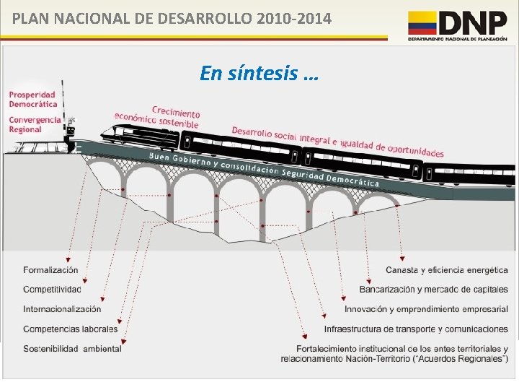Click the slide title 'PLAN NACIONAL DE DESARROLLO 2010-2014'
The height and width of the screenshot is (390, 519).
[172, 18]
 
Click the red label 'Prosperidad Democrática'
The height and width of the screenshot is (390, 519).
[33, 100]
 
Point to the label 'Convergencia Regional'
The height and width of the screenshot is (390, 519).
[35, 124]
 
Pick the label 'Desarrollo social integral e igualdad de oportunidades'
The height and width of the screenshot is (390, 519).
[337, 142]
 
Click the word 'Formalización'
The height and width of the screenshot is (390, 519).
[50, 270]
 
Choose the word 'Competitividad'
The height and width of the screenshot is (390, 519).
[52, 290]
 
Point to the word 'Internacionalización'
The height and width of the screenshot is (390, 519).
[62, 309]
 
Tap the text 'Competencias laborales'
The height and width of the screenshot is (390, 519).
[70, 329]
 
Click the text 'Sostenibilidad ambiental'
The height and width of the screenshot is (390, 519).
[72, 348]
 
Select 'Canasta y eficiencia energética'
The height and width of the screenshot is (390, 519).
[446, 270]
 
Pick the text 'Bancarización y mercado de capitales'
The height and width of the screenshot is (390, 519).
[433, 290]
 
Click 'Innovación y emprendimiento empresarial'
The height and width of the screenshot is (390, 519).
[426, 309]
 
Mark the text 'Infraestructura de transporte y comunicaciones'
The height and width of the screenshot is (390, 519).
[416, 329]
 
